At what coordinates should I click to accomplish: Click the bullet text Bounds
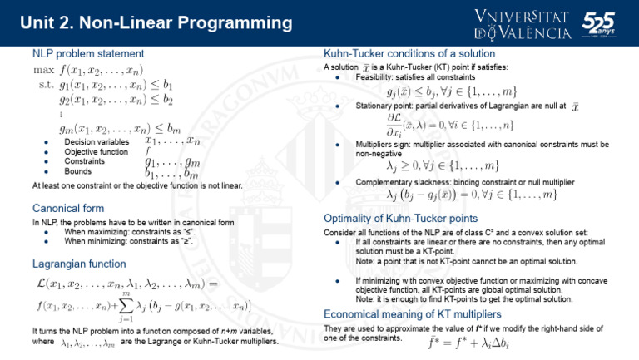point(77,171)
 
